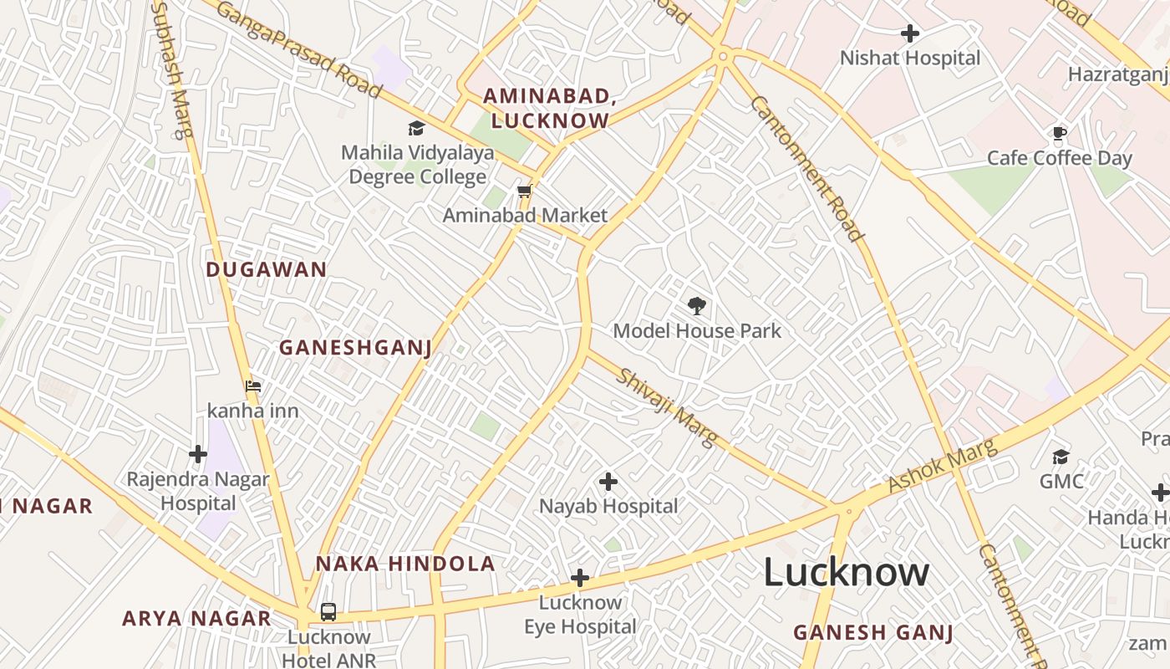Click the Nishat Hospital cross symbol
(x=910, y=33)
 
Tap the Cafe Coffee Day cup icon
(x=1060, y=133)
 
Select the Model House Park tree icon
(x=696, y=306)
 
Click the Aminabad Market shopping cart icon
(x=524, y=192)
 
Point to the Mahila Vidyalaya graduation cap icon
(x=415, y=128)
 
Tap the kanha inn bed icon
(x=253, y=386)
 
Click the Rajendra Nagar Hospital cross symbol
(x=198, y=454)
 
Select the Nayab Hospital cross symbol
(x=608, y=482)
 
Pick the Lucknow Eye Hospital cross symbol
(x=580, y=578)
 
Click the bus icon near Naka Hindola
(x=328, y=612)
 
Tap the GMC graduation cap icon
(x=1061, y=457)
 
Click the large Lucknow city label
(x=846, y=573)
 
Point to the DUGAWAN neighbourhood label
(x=266, y=269)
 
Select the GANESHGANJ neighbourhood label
(x=355, y=347)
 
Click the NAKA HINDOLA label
(x=405, y=564)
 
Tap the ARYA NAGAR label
(x=196, y=619)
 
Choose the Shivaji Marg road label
(x=666, y=406)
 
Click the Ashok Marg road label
(x=943, y=466)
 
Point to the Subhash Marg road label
(x=173, y=69)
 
